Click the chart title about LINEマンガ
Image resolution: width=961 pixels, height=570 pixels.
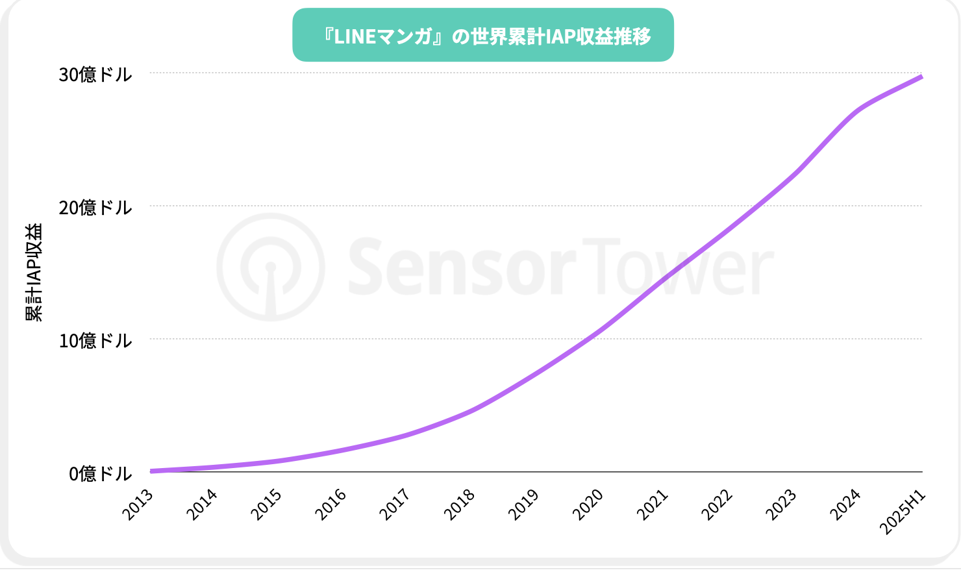click(483, 36)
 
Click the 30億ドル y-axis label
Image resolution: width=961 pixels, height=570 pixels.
click(95, 75)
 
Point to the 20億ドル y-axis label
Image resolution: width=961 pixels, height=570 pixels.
click(95, 208)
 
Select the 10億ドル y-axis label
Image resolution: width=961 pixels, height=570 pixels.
click(95, 341)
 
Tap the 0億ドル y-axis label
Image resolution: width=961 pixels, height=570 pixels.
click(100, 474)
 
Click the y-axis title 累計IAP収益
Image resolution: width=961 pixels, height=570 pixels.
click(34, 272)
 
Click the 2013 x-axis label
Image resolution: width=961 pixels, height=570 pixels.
click(138, 505)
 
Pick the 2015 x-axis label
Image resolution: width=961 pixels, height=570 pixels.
click(267, 505)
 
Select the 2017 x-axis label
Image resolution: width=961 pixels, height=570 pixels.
click(395, 505)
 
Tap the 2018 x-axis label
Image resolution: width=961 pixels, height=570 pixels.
click(460, 505)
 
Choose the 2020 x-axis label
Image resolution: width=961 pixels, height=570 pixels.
click(588, 505)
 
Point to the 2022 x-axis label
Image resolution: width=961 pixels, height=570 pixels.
click(717, 505)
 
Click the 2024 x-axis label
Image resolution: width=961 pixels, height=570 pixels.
click(845, 505)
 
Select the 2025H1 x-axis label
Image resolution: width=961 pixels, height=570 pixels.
click(903, 513)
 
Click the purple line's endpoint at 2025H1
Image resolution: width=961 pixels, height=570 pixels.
click(921, 77)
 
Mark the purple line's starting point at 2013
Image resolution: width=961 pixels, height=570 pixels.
click(151, 471)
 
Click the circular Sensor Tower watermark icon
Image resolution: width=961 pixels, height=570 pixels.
click(271, 267)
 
